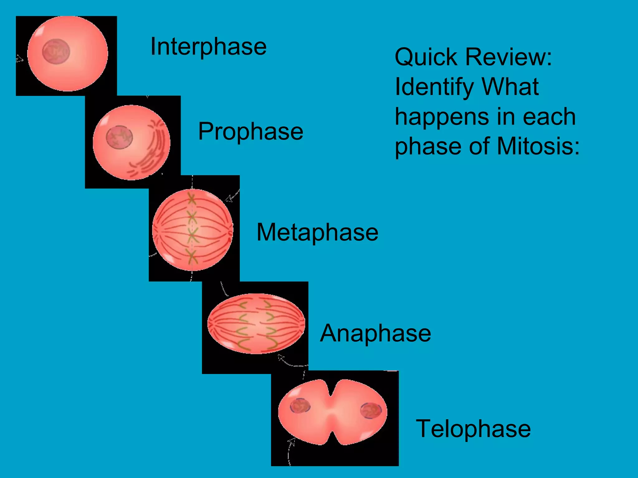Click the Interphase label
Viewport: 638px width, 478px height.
pos(208,47)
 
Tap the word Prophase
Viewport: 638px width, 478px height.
pos(250,131)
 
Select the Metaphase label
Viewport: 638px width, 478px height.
pos(317,232)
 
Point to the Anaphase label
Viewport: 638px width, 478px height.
pos(375,333)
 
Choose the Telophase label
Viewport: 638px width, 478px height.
pos(473,429)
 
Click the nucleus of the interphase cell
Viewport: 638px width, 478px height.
pos(56,51)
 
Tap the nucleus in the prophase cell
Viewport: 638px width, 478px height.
pos(119,137)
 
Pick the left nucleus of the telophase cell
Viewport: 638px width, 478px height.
pos(300,406)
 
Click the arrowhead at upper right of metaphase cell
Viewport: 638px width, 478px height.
pos(229,198)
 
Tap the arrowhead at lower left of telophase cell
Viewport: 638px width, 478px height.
pos(293,440)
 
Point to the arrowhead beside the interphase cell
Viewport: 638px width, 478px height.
pos(20,59)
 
